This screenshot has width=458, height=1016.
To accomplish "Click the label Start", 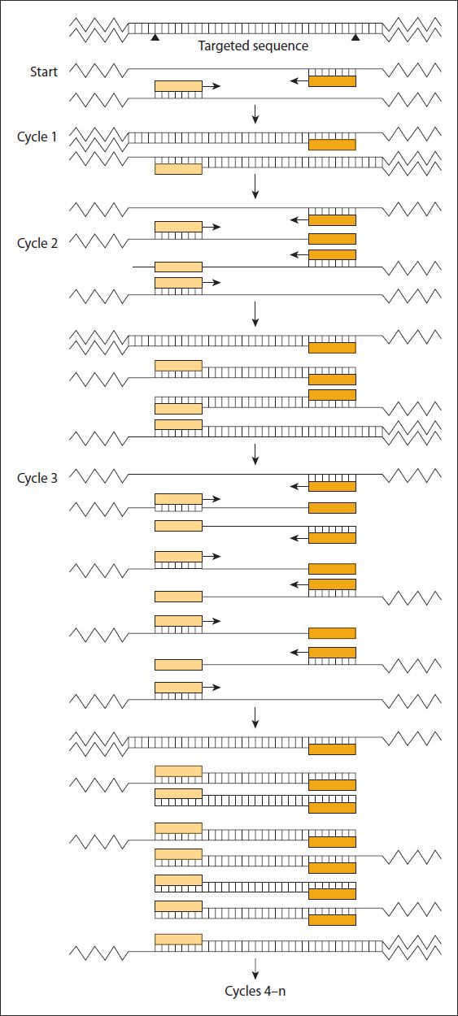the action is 44,72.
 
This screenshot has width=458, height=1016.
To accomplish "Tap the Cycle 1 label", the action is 37,137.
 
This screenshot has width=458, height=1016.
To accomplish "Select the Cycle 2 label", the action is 37,243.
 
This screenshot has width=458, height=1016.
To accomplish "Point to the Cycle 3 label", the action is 37,478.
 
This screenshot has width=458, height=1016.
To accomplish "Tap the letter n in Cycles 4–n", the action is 282,992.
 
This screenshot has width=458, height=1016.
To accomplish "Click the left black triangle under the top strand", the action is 155,37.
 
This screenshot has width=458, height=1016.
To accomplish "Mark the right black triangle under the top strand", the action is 355,37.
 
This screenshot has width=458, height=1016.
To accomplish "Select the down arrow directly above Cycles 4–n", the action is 255,968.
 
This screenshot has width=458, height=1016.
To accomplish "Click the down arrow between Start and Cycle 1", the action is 255,114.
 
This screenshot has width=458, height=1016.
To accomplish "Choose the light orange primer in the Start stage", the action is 178,85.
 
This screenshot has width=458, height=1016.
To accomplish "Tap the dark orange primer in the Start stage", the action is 332,81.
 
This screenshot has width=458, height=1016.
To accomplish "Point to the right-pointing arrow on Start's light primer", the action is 212,85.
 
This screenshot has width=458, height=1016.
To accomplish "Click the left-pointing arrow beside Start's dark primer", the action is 299,81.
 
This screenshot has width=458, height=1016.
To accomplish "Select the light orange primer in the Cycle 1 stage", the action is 178,169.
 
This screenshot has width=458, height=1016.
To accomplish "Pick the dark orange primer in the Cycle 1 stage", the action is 332,145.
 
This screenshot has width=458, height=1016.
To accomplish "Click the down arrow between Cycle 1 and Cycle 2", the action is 255,186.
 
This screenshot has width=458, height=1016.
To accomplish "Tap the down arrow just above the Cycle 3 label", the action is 255,454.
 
